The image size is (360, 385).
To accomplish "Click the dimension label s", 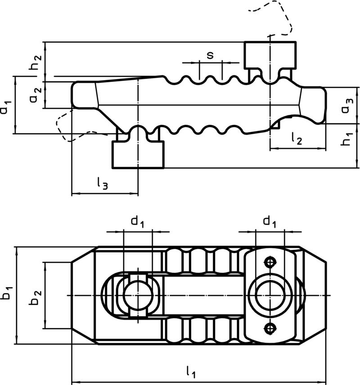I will pyautogui.click(x=210, y=55).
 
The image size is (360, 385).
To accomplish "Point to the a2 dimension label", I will pyautogui.click(x=37, y=94).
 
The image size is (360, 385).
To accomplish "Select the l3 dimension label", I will pyautogui.click(x=102, y=183).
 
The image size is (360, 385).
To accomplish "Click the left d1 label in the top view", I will pyautogui.click(x=137, y=221).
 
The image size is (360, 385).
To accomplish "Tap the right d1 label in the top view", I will pyautogui.click(x=269, y=221).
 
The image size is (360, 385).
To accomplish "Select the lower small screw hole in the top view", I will pyautogui.click(x=270, y=329).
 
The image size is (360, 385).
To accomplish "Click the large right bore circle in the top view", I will pyautogui.click(x=270, y=295).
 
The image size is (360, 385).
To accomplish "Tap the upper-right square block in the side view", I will pyautogui.click(x=270, y=55).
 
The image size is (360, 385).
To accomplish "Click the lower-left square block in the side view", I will pyautogui.click(x=138, y=154).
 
